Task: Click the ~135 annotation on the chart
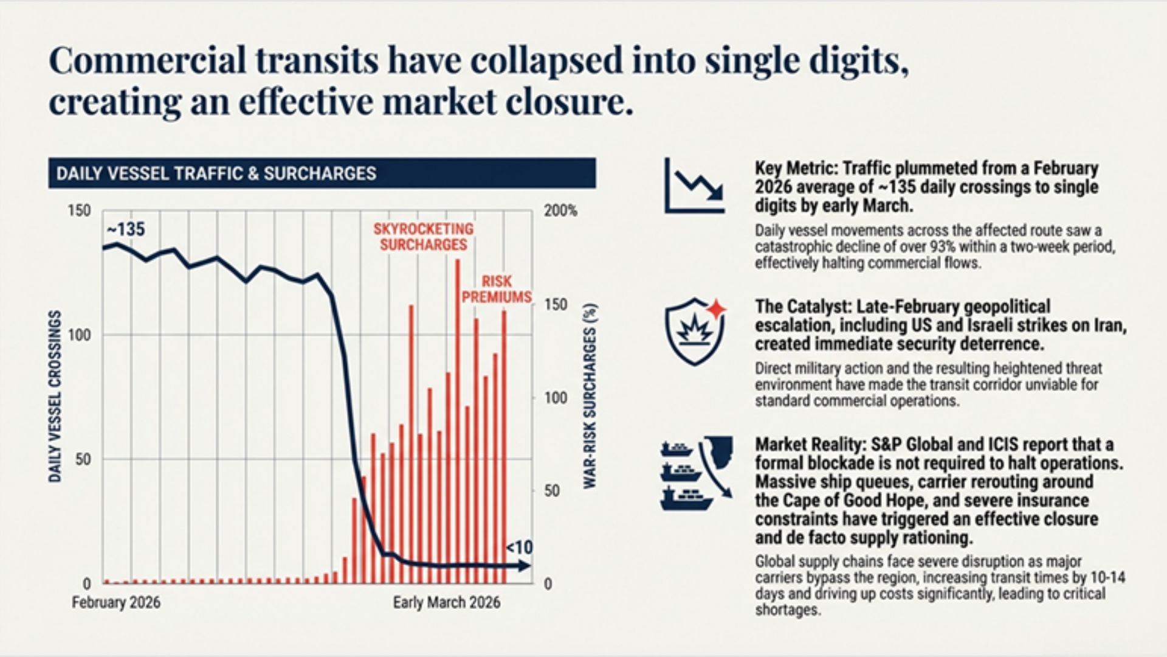tap(126, 229)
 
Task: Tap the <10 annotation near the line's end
tap(519, 547)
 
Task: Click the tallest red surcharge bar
tap(458, 420)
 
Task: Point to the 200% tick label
tap(560, 211)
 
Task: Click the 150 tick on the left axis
tap(79, 211)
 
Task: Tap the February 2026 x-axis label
tap(116, 602)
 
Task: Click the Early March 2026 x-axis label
tap(446, 602)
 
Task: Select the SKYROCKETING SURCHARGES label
tap(423, 237)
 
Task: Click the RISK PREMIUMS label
tap(497, 290)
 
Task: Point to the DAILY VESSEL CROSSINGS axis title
tap(55, 396)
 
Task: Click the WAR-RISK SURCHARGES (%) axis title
tap(590, 396)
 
